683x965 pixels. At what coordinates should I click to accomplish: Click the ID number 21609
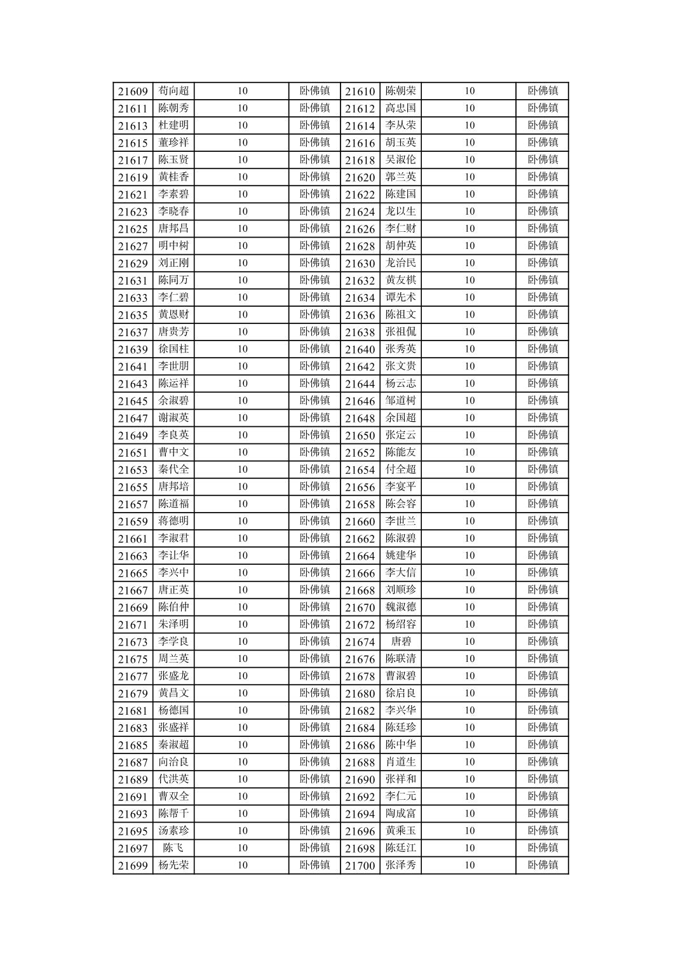click(133, 91)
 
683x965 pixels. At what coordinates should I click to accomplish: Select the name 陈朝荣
click(401, 91)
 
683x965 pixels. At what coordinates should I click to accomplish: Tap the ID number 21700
click(360, 865)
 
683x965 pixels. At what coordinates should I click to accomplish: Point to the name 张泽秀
click(401, 865)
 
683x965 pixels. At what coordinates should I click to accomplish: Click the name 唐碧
click(401, 642)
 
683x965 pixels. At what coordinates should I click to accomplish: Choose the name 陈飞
click(173, 847)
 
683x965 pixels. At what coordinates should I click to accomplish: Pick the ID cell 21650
click(360, 436)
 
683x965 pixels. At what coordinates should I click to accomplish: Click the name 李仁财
click(401, 229)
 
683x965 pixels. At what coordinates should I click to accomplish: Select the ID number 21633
click(133, 298)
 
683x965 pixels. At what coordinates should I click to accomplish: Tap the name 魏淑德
click(401, 607)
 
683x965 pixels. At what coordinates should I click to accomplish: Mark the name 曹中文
click(173, 452)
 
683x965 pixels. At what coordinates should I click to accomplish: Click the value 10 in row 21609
click(243, 91)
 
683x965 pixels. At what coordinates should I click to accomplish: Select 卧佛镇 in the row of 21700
click(543, 865)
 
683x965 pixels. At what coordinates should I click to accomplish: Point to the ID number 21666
click(360, 573)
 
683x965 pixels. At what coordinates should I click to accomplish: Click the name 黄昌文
click(173, 693)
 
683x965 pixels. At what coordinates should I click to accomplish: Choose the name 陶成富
click(401, 813)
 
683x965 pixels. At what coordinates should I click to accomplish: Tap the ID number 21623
click(133, 212)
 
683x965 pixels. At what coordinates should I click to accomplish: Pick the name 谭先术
click(401, 297)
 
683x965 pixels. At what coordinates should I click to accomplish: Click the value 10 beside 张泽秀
click(470, 865)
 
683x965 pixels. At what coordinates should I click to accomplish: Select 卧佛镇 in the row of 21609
click(314, 91)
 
